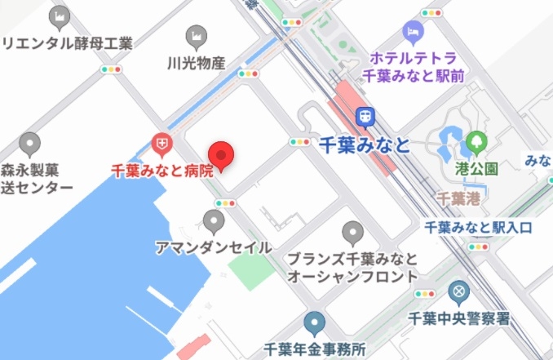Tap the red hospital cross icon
point(161,144)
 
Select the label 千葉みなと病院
point(162,171)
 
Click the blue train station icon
point(369,116)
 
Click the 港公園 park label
point(476,170)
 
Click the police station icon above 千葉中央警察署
point(460,291)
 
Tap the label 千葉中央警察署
point(460,318)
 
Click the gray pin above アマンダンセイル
point(214,220)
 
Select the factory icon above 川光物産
point(196,36)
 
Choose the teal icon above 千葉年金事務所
point(314,322)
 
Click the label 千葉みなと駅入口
point(478,227)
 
